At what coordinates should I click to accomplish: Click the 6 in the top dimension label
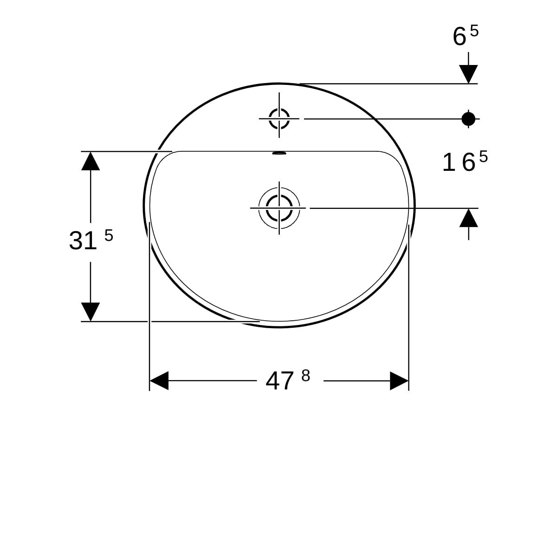click(x=460, y=37)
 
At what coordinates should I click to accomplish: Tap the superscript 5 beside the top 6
click(x=474, y=31)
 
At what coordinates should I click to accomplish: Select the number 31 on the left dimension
click(x=83, y=241)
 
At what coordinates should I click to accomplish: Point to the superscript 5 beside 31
click(x=109, y=236)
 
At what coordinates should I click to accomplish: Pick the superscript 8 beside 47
click(x=305, y=376)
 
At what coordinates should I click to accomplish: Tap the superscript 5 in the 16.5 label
click(x=483, y=157)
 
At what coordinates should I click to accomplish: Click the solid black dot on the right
click(x=468, y=119)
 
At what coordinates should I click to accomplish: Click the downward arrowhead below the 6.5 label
click(x=468, y=74)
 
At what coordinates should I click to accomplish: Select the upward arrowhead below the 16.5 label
click(x=468, y=218)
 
